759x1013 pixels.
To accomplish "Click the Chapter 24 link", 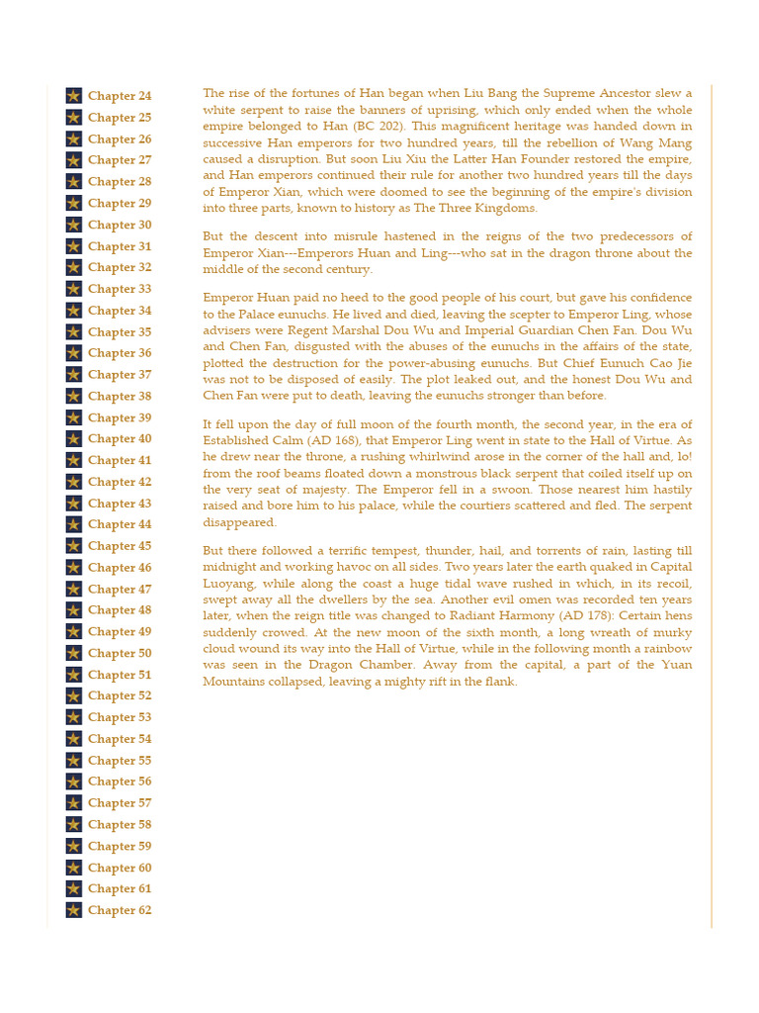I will pyautogui.click(x=120, y=96).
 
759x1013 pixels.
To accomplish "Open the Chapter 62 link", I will pyautogui.click(x=120, y=910).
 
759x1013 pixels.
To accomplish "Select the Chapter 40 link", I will pyautogui.click(x=120, y=439).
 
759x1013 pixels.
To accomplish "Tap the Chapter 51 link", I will pyautogui.click(x=120, y=675).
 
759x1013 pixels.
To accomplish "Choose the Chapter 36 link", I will pyautogui.click(x=120, y=353).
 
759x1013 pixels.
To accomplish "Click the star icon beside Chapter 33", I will pyautogui.click(x=74, y=289).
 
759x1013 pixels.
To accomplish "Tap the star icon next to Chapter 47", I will pyautogui.click(x=74, y=589).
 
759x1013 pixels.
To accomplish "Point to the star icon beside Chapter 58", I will pyautogui.click(x=74, y=824).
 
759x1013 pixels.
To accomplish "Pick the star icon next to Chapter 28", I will pyautogui.click(x=74, y=182).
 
